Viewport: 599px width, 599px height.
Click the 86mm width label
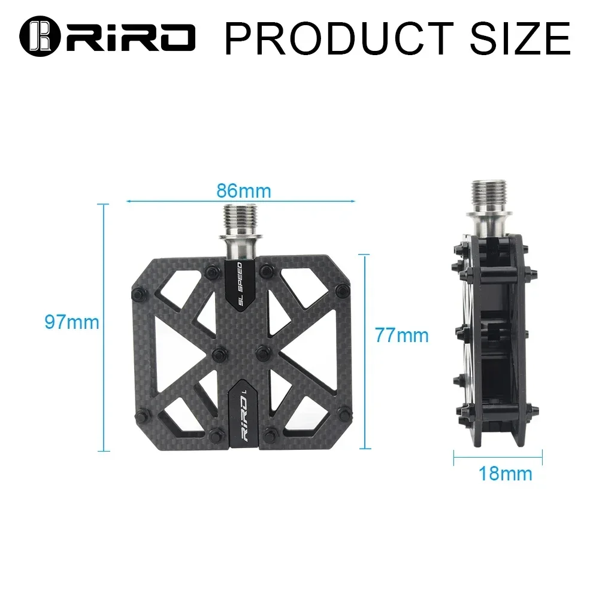pos(243,191)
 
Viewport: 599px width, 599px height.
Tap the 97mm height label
pos(71,322)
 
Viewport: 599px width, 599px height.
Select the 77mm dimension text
pos(402,335)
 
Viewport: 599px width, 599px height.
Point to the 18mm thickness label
pos(505,473)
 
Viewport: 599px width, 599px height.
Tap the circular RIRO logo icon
pos(38,37)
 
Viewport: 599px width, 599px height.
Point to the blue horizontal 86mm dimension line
pos(180,202)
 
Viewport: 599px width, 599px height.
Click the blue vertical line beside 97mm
pos(105,326)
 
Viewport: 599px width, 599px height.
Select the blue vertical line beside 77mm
pos(364,350)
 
